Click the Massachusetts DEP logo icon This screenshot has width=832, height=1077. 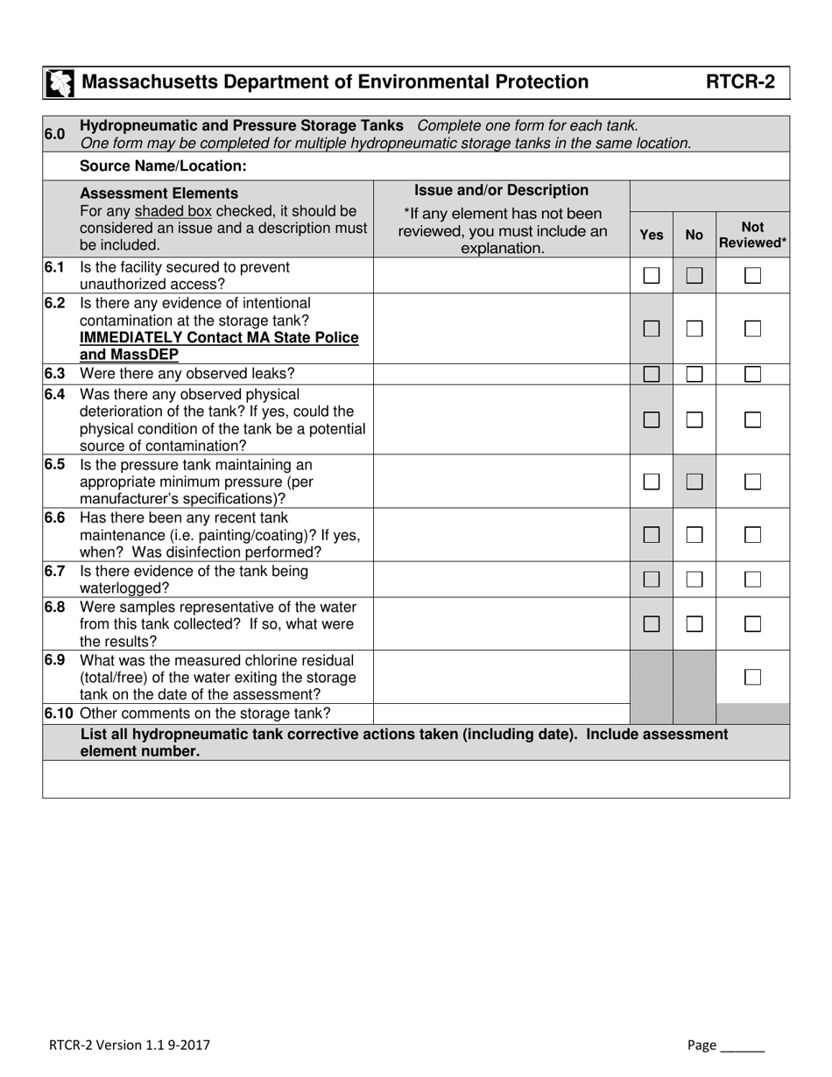pos(60,83)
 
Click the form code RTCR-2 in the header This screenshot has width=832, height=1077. pos(740,82)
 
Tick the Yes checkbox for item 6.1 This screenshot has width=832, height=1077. pos(652,276)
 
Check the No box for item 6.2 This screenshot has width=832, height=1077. pos(695,329)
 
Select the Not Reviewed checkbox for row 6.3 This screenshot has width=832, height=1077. pos(752,375)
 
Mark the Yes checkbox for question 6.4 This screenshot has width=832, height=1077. pos(652,420)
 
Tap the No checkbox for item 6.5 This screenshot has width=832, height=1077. pos(695,482)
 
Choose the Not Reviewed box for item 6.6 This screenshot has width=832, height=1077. pos(752,535)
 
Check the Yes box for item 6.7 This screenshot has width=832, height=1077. pos(652,580)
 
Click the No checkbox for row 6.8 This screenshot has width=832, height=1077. pos(695,624)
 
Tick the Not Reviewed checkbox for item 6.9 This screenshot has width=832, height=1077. pos(752,677)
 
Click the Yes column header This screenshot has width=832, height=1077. pos(652,235)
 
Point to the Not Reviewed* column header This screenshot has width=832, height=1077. pos(752,235)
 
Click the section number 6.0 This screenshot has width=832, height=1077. pos(54,134)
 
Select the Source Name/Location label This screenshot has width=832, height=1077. pos(163,165)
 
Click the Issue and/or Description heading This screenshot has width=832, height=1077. pos(501,190)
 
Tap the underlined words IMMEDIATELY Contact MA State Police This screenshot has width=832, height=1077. pos(219,338)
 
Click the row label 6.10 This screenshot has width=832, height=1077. pos(60,714)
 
